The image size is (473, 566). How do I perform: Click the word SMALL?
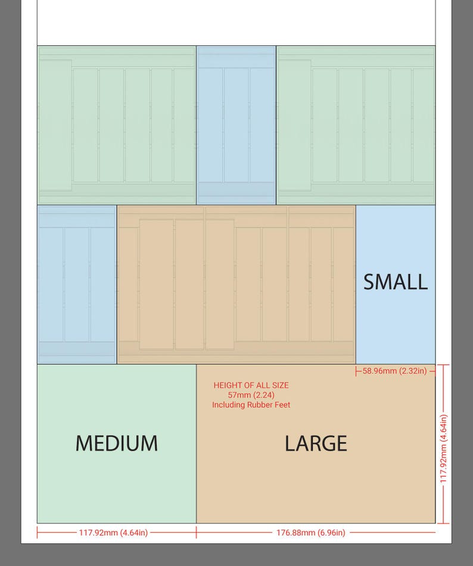coord(396,282)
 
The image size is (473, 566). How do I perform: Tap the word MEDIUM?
coord(117,443)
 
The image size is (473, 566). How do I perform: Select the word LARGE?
coord(316,443)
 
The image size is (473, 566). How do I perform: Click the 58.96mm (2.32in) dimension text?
coord(395,371)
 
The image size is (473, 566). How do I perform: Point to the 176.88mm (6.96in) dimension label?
coord(310,533)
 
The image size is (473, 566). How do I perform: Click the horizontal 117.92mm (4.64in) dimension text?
coord(113,533)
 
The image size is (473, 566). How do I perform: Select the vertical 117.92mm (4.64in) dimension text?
coord(443,448)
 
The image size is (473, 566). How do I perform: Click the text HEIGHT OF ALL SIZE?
coord(251,385)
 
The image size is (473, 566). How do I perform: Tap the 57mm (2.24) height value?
coord(251,395)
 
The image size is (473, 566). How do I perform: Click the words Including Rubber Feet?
coord(251,405)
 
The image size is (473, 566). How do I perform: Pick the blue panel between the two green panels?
coord(236,125)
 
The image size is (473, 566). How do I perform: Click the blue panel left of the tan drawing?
coord(77,284)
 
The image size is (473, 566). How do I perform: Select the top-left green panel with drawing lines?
coord(117,125)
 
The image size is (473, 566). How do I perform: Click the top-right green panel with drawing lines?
coord(356,125)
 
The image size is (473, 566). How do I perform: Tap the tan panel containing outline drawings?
coord(236,284)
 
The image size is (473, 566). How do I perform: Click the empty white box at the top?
coord(236,23)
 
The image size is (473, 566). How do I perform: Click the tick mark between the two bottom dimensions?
coord(196,532)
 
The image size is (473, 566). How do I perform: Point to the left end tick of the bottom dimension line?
coord(37,532)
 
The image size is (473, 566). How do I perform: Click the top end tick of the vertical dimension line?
coord(443,365)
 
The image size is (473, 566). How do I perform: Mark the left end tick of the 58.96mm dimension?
coord(356,371)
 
